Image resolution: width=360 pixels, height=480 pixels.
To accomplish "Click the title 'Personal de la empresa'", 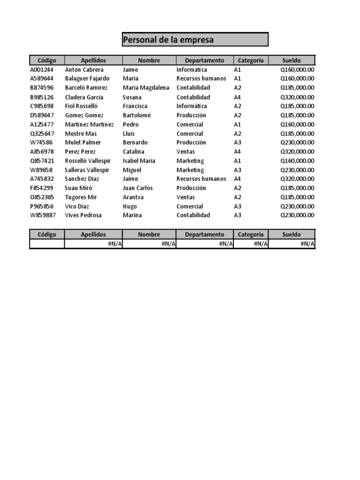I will pos(168,40).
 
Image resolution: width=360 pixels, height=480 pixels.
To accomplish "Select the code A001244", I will pos(42,69).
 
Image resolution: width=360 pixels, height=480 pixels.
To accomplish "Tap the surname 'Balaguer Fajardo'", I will pos(87,78).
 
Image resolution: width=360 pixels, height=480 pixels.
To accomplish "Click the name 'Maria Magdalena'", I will pos(146,88).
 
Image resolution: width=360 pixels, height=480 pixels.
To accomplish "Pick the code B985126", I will pos(42,97).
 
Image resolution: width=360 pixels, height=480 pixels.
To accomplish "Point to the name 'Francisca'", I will pos(135,106).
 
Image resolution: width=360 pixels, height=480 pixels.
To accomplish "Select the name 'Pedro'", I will pos(131,124).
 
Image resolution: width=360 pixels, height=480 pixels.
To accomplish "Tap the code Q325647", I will pos(42,134).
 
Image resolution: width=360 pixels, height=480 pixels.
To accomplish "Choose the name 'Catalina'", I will pos(134,151).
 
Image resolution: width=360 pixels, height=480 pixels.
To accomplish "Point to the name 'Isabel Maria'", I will pos(139,161).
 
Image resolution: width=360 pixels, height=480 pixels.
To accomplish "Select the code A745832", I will pos(42,179).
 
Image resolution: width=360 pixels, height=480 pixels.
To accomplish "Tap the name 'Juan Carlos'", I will pos(138,188).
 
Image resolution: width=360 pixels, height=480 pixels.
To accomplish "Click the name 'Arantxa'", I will pos(133,197).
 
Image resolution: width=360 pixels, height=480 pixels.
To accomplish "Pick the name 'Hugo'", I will pos(130,206).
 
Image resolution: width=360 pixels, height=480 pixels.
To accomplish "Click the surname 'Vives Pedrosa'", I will pos(83,215).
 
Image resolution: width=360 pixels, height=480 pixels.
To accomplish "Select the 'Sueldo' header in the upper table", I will pos(292,60).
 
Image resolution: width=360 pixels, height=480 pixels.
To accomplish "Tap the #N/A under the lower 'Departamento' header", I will pos(225,244).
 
